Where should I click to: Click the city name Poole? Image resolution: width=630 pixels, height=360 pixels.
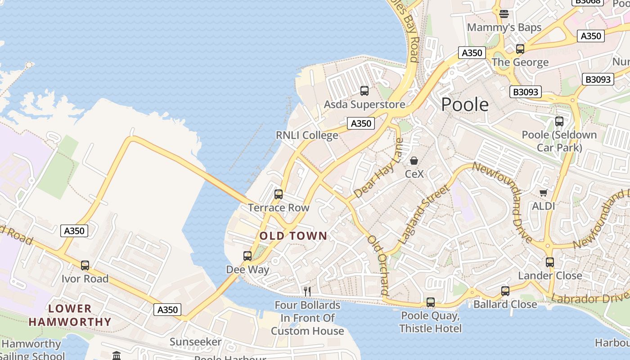coord(464,104)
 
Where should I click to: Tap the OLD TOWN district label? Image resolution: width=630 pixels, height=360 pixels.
coord(293,236)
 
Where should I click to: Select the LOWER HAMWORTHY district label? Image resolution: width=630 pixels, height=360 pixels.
coord(70,315)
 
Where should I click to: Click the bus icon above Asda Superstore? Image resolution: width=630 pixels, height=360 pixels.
coord(364,91)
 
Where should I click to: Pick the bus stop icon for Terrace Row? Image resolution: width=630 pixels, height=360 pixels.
coord(279,194)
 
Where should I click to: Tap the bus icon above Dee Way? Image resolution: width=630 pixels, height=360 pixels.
coord(247,256)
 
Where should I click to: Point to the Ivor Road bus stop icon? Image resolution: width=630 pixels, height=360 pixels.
coord(85,265)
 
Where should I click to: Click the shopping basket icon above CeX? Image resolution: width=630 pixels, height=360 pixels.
coord(414,161)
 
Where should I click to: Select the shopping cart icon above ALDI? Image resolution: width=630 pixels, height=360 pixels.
coord(543,193)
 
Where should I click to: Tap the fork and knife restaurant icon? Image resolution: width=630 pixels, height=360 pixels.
coord(307,291)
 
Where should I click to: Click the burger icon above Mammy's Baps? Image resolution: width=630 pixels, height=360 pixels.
coord(504,13)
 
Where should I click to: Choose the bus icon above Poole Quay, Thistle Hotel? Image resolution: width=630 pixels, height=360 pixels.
coord(431,302)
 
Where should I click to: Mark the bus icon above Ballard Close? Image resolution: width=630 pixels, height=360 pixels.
coord(505,291)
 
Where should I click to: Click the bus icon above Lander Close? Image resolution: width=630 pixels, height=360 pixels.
coord(549,262)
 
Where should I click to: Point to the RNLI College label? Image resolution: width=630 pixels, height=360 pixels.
coord(307,135)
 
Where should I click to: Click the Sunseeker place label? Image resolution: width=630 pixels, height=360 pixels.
coord(196,342)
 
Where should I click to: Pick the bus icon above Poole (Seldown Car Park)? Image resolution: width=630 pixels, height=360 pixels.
coord(559,121)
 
